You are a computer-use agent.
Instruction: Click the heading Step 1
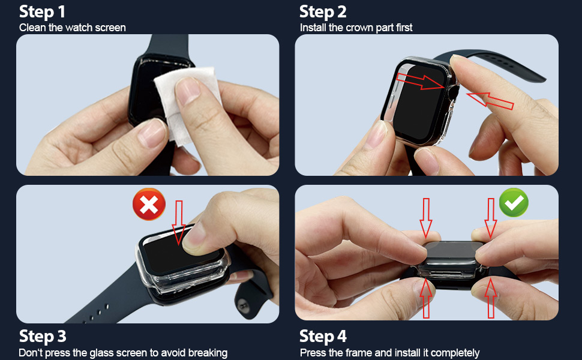42,12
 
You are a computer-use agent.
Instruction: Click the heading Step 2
323,12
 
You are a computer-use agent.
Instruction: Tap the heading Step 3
43,336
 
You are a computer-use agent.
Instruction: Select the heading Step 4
323,336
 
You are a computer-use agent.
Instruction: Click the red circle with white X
149,204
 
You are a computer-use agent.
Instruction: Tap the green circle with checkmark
514,203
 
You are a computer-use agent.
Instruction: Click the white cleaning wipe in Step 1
185,104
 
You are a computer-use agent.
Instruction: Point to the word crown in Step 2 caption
359,28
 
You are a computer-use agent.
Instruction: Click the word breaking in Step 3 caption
208,353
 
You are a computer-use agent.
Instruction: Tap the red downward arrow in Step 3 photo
179,223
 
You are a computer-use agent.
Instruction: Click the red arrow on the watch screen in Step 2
420,82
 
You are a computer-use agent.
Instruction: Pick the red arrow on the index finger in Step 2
490,101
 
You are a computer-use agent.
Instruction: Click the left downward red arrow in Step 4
426,218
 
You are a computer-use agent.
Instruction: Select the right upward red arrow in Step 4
491,298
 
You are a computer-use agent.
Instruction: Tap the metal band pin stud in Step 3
243,306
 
